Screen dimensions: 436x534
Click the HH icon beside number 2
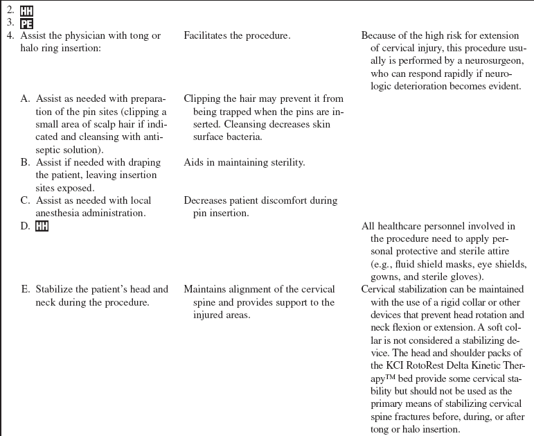26,11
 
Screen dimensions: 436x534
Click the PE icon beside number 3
26,23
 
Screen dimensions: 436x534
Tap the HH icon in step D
42,226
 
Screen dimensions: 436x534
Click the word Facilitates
207,35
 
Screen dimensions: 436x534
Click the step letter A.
25,99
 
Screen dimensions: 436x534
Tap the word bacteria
241,137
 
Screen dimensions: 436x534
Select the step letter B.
25,163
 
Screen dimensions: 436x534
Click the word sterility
285,163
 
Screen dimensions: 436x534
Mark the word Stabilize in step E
57,290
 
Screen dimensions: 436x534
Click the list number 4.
10,35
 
